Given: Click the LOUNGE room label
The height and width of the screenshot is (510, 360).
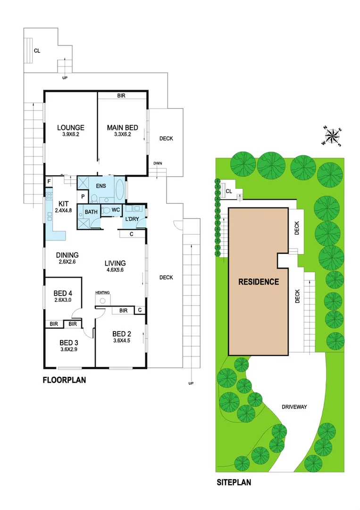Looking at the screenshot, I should click(x=71, y=127).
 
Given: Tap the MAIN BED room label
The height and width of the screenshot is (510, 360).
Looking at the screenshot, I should click(x=122, y=127).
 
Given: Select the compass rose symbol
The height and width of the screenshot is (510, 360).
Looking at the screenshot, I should click(x=333, y=136).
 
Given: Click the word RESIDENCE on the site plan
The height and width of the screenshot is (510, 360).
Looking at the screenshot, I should click(x=258, y=282).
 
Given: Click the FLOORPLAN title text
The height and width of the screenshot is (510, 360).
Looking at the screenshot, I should click(x=64, y=380).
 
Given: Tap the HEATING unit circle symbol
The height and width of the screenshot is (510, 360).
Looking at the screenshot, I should click(x=102, y=300).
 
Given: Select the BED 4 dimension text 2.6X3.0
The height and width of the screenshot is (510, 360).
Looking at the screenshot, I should click(x=63, y=300).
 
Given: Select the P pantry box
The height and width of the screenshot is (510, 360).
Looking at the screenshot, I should click(x=82, y=196).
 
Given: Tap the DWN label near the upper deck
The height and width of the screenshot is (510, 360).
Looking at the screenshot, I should click(x=158, y=163).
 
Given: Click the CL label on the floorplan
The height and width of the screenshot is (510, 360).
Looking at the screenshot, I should click(x=36, y=51).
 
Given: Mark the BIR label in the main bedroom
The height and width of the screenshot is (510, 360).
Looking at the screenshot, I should click(x=121, y=95).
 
